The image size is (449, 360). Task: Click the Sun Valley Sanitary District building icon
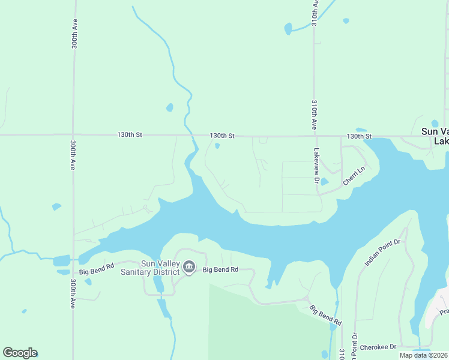(189, 266)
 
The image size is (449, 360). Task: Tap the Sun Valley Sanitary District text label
(160, 268)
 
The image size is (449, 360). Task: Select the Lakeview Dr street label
(316, 166)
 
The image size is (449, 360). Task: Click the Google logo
(20, 353)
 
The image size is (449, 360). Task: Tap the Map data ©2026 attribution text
(424, 355)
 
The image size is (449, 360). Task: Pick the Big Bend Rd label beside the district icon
(221, 270)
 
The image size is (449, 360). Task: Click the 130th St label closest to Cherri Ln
(360, 136)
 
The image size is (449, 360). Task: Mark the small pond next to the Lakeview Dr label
(324, 182)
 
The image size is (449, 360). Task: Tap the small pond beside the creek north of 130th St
(170, 108)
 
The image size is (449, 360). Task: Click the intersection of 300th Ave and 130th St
(73, 135)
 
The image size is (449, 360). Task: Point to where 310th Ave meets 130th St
(313, 136)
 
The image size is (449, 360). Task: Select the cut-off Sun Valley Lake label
(435, 136)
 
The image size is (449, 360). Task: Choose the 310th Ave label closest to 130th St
(314, 115)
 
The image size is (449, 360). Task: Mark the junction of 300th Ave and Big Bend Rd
(73, 262)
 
